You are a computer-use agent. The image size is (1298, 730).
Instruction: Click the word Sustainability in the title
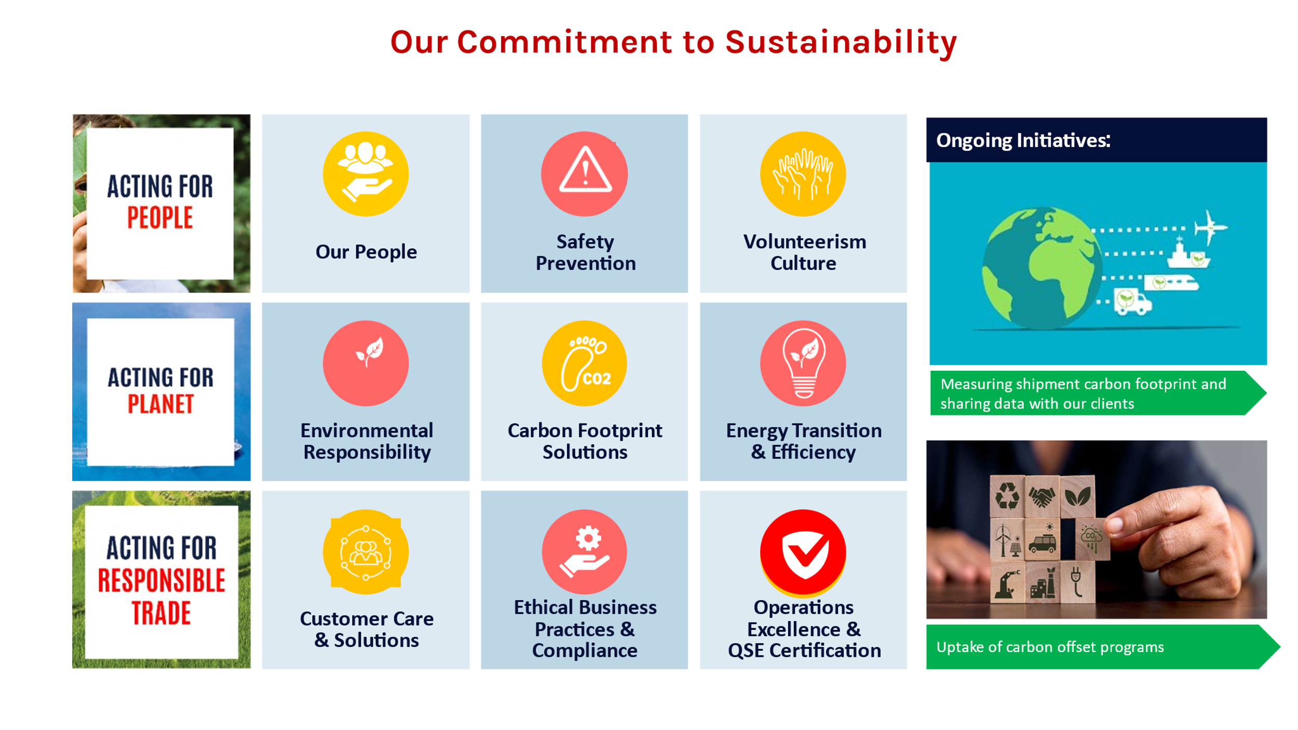tap(841, 42)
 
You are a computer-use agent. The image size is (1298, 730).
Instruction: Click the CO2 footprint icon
tap(585, 363)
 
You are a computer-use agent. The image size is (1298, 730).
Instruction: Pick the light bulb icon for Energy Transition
tap(803, 363)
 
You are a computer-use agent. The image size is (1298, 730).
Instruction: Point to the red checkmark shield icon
tap(803, 552)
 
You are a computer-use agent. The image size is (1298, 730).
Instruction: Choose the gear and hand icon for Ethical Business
tap(585, 552)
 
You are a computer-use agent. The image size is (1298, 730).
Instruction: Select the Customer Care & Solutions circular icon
tap(366, 552)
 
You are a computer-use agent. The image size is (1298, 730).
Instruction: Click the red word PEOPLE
tap(160, 218)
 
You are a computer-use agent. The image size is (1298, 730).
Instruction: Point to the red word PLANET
tap(161, 404)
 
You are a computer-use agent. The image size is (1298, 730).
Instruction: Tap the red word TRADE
tap(161, 613)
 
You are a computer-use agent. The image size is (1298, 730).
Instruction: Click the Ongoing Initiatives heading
tap(1023, 140)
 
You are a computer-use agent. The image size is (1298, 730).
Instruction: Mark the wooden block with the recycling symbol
tap(1007, 496)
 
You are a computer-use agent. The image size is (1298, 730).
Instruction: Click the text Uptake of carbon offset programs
tap(1050, 647)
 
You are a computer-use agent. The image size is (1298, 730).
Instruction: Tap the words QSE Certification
tap(804, 651)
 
